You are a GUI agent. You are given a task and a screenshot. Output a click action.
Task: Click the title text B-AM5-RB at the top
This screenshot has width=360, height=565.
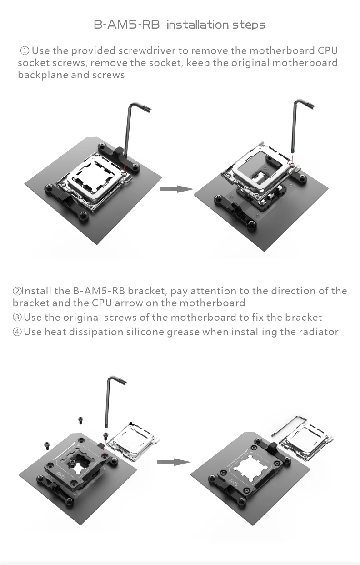coord(127,25)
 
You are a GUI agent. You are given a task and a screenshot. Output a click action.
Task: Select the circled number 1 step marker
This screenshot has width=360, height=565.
coord(25,51)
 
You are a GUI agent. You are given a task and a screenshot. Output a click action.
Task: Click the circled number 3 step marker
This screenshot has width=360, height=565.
coord(17,318)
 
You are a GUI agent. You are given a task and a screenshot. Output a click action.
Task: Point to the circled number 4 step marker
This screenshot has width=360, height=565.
coord(17,332)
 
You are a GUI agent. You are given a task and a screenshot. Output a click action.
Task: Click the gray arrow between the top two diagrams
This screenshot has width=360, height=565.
coord(177,189)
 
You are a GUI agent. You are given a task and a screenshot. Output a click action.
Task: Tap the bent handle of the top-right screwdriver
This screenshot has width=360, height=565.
coord(304,104)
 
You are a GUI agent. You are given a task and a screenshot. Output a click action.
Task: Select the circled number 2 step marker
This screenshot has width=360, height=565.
coord(17,291)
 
